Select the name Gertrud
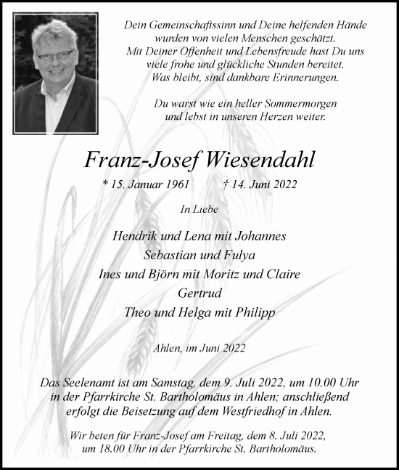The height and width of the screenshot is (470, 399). (199, 293)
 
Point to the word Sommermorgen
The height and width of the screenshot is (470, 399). (290, 104)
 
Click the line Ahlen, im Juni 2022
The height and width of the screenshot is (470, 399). (199, 348)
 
